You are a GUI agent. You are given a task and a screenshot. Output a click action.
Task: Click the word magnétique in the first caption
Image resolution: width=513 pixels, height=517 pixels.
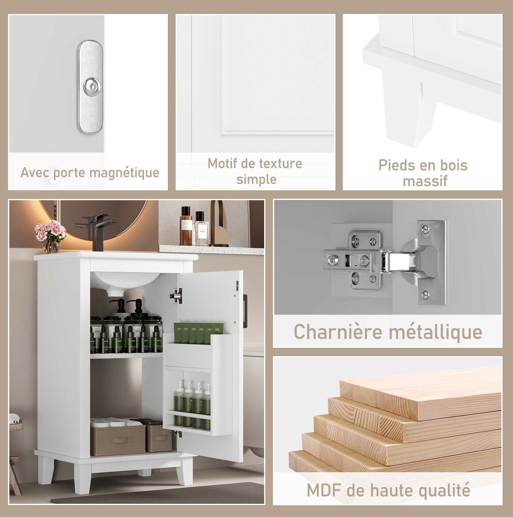pos(124,173)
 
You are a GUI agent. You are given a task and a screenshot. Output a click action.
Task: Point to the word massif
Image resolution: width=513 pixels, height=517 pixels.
pos(425,181)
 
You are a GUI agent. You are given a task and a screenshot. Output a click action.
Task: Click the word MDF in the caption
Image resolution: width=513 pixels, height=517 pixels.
pos(323,491)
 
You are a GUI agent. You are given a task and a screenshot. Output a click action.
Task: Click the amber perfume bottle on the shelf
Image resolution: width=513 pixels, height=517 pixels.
pos(186,226)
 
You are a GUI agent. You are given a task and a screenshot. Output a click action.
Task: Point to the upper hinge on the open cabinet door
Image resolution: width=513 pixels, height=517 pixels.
pos(176,296)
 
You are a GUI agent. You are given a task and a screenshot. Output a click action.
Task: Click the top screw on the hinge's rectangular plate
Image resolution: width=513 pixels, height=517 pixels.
pos(425,229)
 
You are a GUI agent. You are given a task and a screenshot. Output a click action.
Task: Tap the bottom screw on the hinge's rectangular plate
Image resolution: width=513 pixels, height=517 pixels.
pos(425,295)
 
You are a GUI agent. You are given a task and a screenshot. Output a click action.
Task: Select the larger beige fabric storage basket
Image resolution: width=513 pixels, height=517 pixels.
pos(118,439)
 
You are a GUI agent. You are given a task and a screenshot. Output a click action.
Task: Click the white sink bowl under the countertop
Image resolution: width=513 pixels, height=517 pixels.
pos(126,281)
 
